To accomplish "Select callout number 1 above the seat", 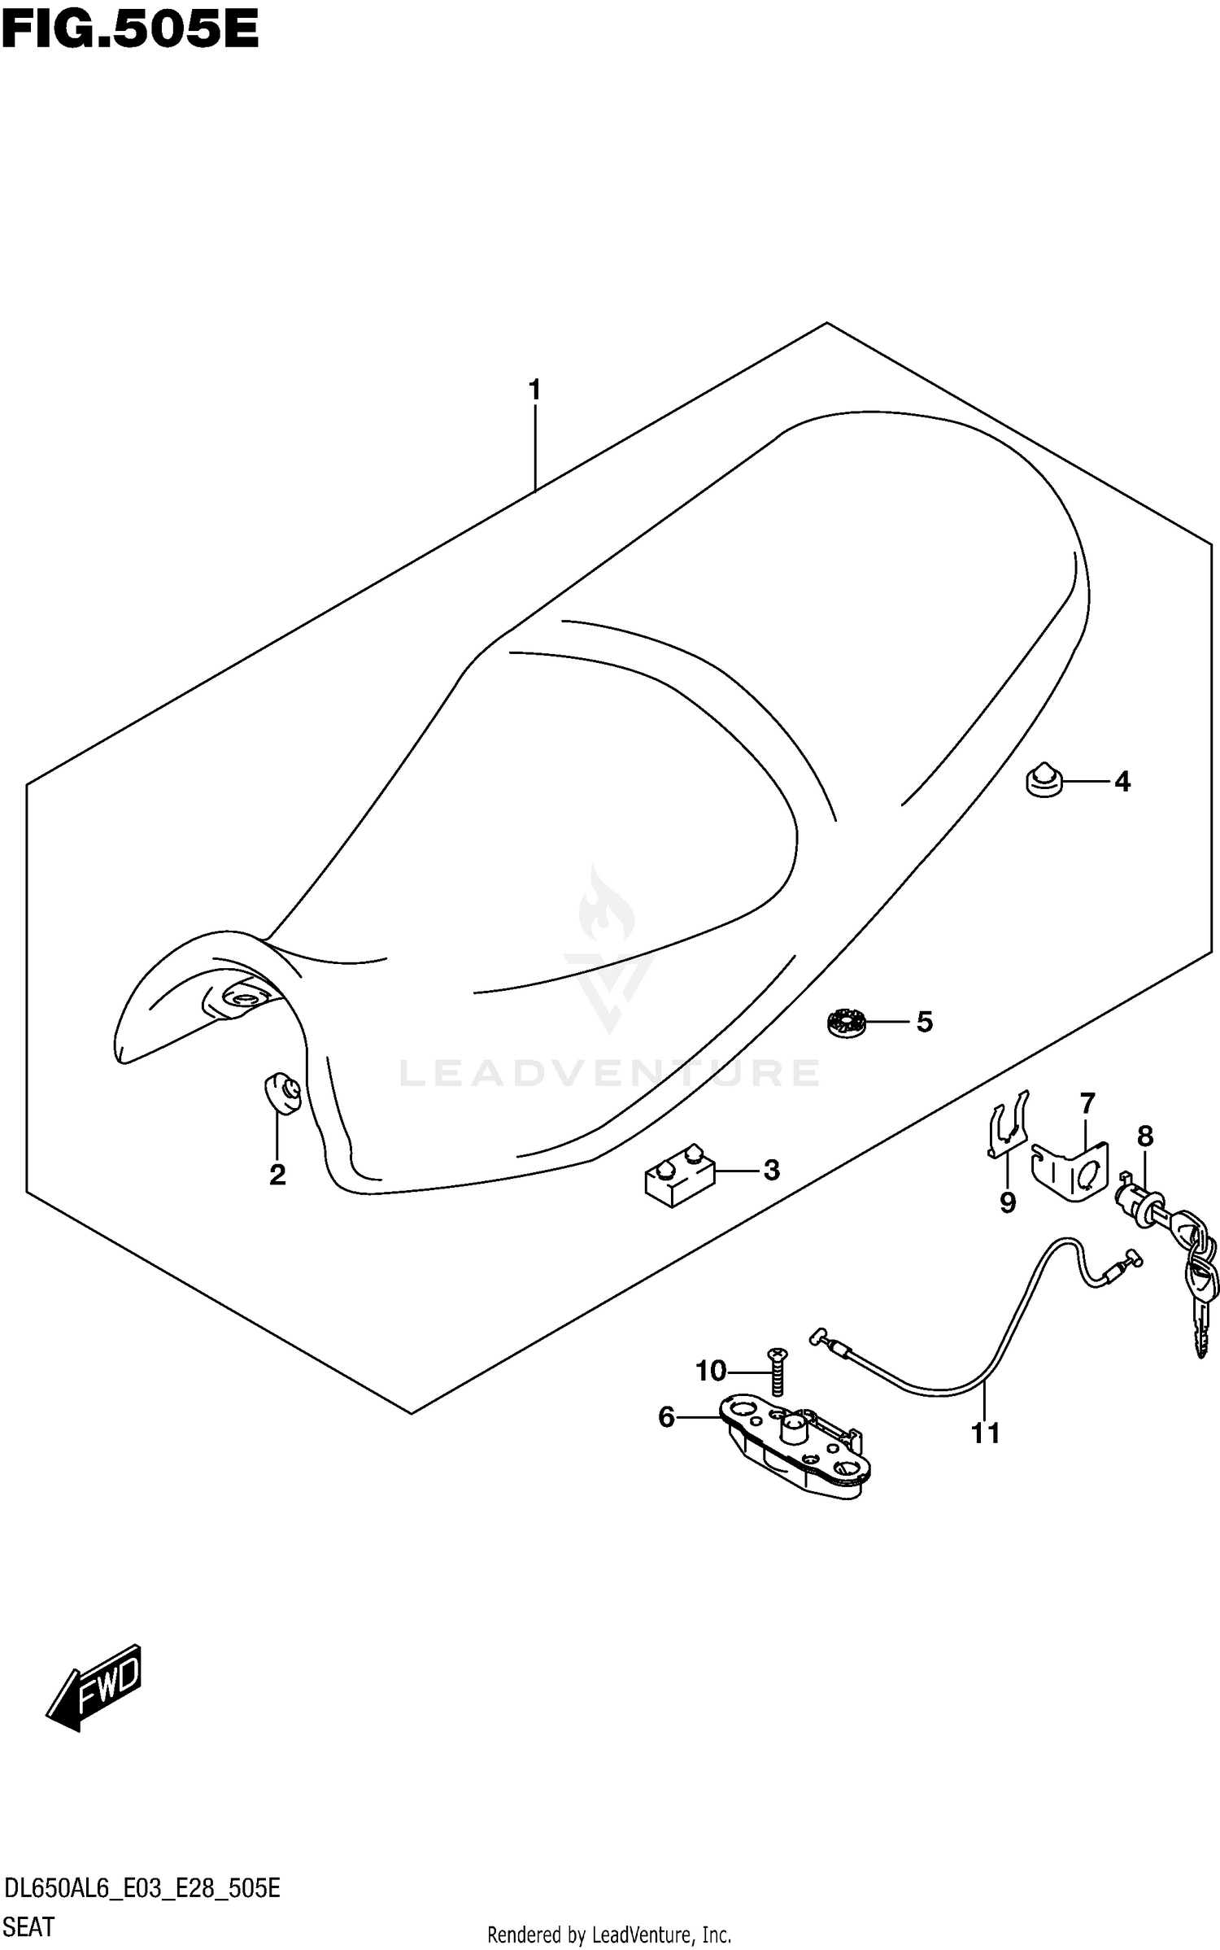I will [x=534, y=391].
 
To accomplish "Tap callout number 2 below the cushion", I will [x=277, y=1175].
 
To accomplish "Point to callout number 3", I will [x=771, y=1170].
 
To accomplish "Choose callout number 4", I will [x=1122, y=782].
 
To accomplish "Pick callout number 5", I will [x=925, y=1022].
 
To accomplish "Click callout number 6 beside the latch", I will [x=666, y=1418].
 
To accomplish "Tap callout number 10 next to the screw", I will [x=710, y=1372].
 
